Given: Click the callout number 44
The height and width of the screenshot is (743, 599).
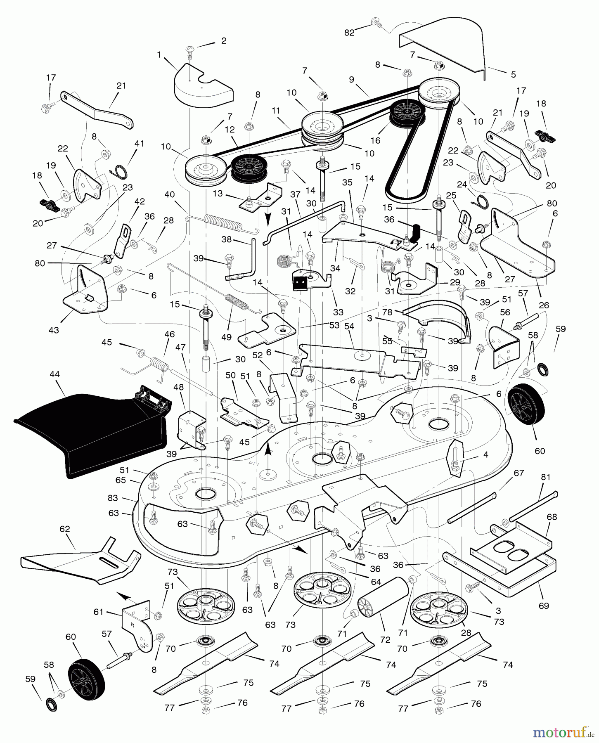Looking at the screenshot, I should coord(54,374).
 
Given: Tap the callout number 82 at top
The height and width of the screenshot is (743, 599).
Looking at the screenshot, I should coord(349,33).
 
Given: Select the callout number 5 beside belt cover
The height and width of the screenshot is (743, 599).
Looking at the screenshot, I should coord(513,74).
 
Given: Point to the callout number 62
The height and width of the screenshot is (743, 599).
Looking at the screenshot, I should coord(65,529).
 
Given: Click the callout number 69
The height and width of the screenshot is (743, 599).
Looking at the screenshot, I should coord(544,606).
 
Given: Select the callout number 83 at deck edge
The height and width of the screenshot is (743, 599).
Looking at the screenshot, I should coord(113,498).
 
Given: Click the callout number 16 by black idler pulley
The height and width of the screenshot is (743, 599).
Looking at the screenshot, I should coord(375,140).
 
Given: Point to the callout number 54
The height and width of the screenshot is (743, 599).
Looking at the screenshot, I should coord(349,326).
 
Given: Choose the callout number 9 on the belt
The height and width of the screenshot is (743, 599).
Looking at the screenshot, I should coord(351,79).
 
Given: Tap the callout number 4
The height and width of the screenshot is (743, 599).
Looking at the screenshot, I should coord(485,454).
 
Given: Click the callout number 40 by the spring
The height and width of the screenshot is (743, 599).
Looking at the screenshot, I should coord(169,194).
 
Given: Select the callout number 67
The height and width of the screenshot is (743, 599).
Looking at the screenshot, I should coord(519,473).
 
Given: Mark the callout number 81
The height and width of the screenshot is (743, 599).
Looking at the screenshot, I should coord(546,477).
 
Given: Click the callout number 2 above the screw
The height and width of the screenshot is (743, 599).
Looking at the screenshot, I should coord(224,40).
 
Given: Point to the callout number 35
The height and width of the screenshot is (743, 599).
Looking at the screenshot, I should coord(347,182).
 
